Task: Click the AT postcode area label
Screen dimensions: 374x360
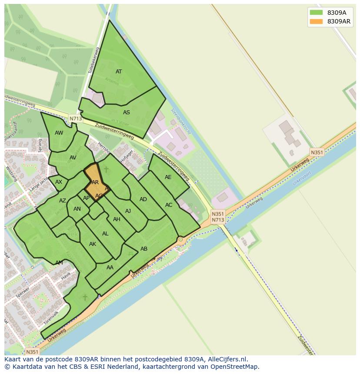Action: tap(119, 72)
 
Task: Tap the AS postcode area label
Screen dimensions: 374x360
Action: tap(126, 113)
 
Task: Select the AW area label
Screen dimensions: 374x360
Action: tap(59, 133)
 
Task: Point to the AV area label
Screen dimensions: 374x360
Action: tap(73, 158)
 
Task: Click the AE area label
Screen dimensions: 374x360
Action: tap(168, 177)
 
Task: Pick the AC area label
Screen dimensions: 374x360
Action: tap(169, 205)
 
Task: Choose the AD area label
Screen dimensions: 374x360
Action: tap(143, 199)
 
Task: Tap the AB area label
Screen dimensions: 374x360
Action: tap(144, 249)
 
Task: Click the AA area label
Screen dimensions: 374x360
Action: tap(110, 268)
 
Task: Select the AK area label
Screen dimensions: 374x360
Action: tap(93, 244)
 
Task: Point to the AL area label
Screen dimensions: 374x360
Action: tap(105, 234)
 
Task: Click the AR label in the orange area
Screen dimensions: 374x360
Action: tap(95, 182)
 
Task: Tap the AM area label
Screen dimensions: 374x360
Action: tap(59, 263)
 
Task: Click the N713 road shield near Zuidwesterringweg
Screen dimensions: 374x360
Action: tap(75, 118)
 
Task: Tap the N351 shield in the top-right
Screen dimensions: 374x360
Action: tap(317, 152)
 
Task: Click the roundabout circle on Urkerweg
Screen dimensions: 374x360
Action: tap(180, 239)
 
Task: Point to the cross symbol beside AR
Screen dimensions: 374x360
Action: tap(106, 170)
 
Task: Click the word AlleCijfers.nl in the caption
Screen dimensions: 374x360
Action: tap(227, 359)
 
